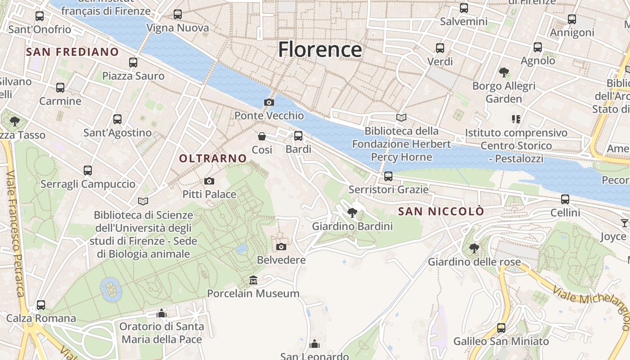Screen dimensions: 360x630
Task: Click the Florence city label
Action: pyautogui.click(x=320, y=49)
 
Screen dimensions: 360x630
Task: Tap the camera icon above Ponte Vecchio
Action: pyautogui.click(x=269, y=103)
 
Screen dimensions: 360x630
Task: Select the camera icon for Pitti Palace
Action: pyautogui.click(x=209, y=181)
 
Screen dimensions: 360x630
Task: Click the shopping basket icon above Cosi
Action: pyautogui.click(x=262, y=136)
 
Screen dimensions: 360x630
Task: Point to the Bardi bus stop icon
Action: pyautogui.click(x=298, y=136)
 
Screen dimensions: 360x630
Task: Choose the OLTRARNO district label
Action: pyautogui.click(x=213, y=158)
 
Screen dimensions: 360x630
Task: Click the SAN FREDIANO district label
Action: pyautogui.click(x=72, y=52)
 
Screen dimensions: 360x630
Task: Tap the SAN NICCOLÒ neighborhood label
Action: pyautogui.click(x=441, y=211)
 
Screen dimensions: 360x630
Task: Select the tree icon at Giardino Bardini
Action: pyautogui.click(x=352, y=212)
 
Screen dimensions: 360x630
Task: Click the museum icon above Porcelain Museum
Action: pyautogui.click(x=253, y=280)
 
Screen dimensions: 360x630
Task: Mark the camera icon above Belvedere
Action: pyautogui.click(x=281, y=247)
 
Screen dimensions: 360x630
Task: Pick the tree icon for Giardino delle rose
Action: pyautogui.click(x=474, y=248)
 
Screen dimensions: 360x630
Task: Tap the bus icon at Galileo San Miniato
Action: pyautogui.click(x=501, y=328)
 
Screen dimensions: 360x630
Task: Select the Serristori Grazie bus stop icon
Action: pyautogui.click(x=388, y=176)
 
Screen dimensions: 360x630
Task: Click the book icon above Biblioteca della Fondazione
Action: pyautogui.click(x=401, y=118)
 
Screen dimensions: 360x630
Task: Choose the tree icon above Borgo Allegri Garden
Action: pyautogui.click(x=504, y=72)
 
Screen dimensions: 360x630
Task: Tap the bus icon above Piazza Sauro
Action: pyautogui.click(x=133, y=63)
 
